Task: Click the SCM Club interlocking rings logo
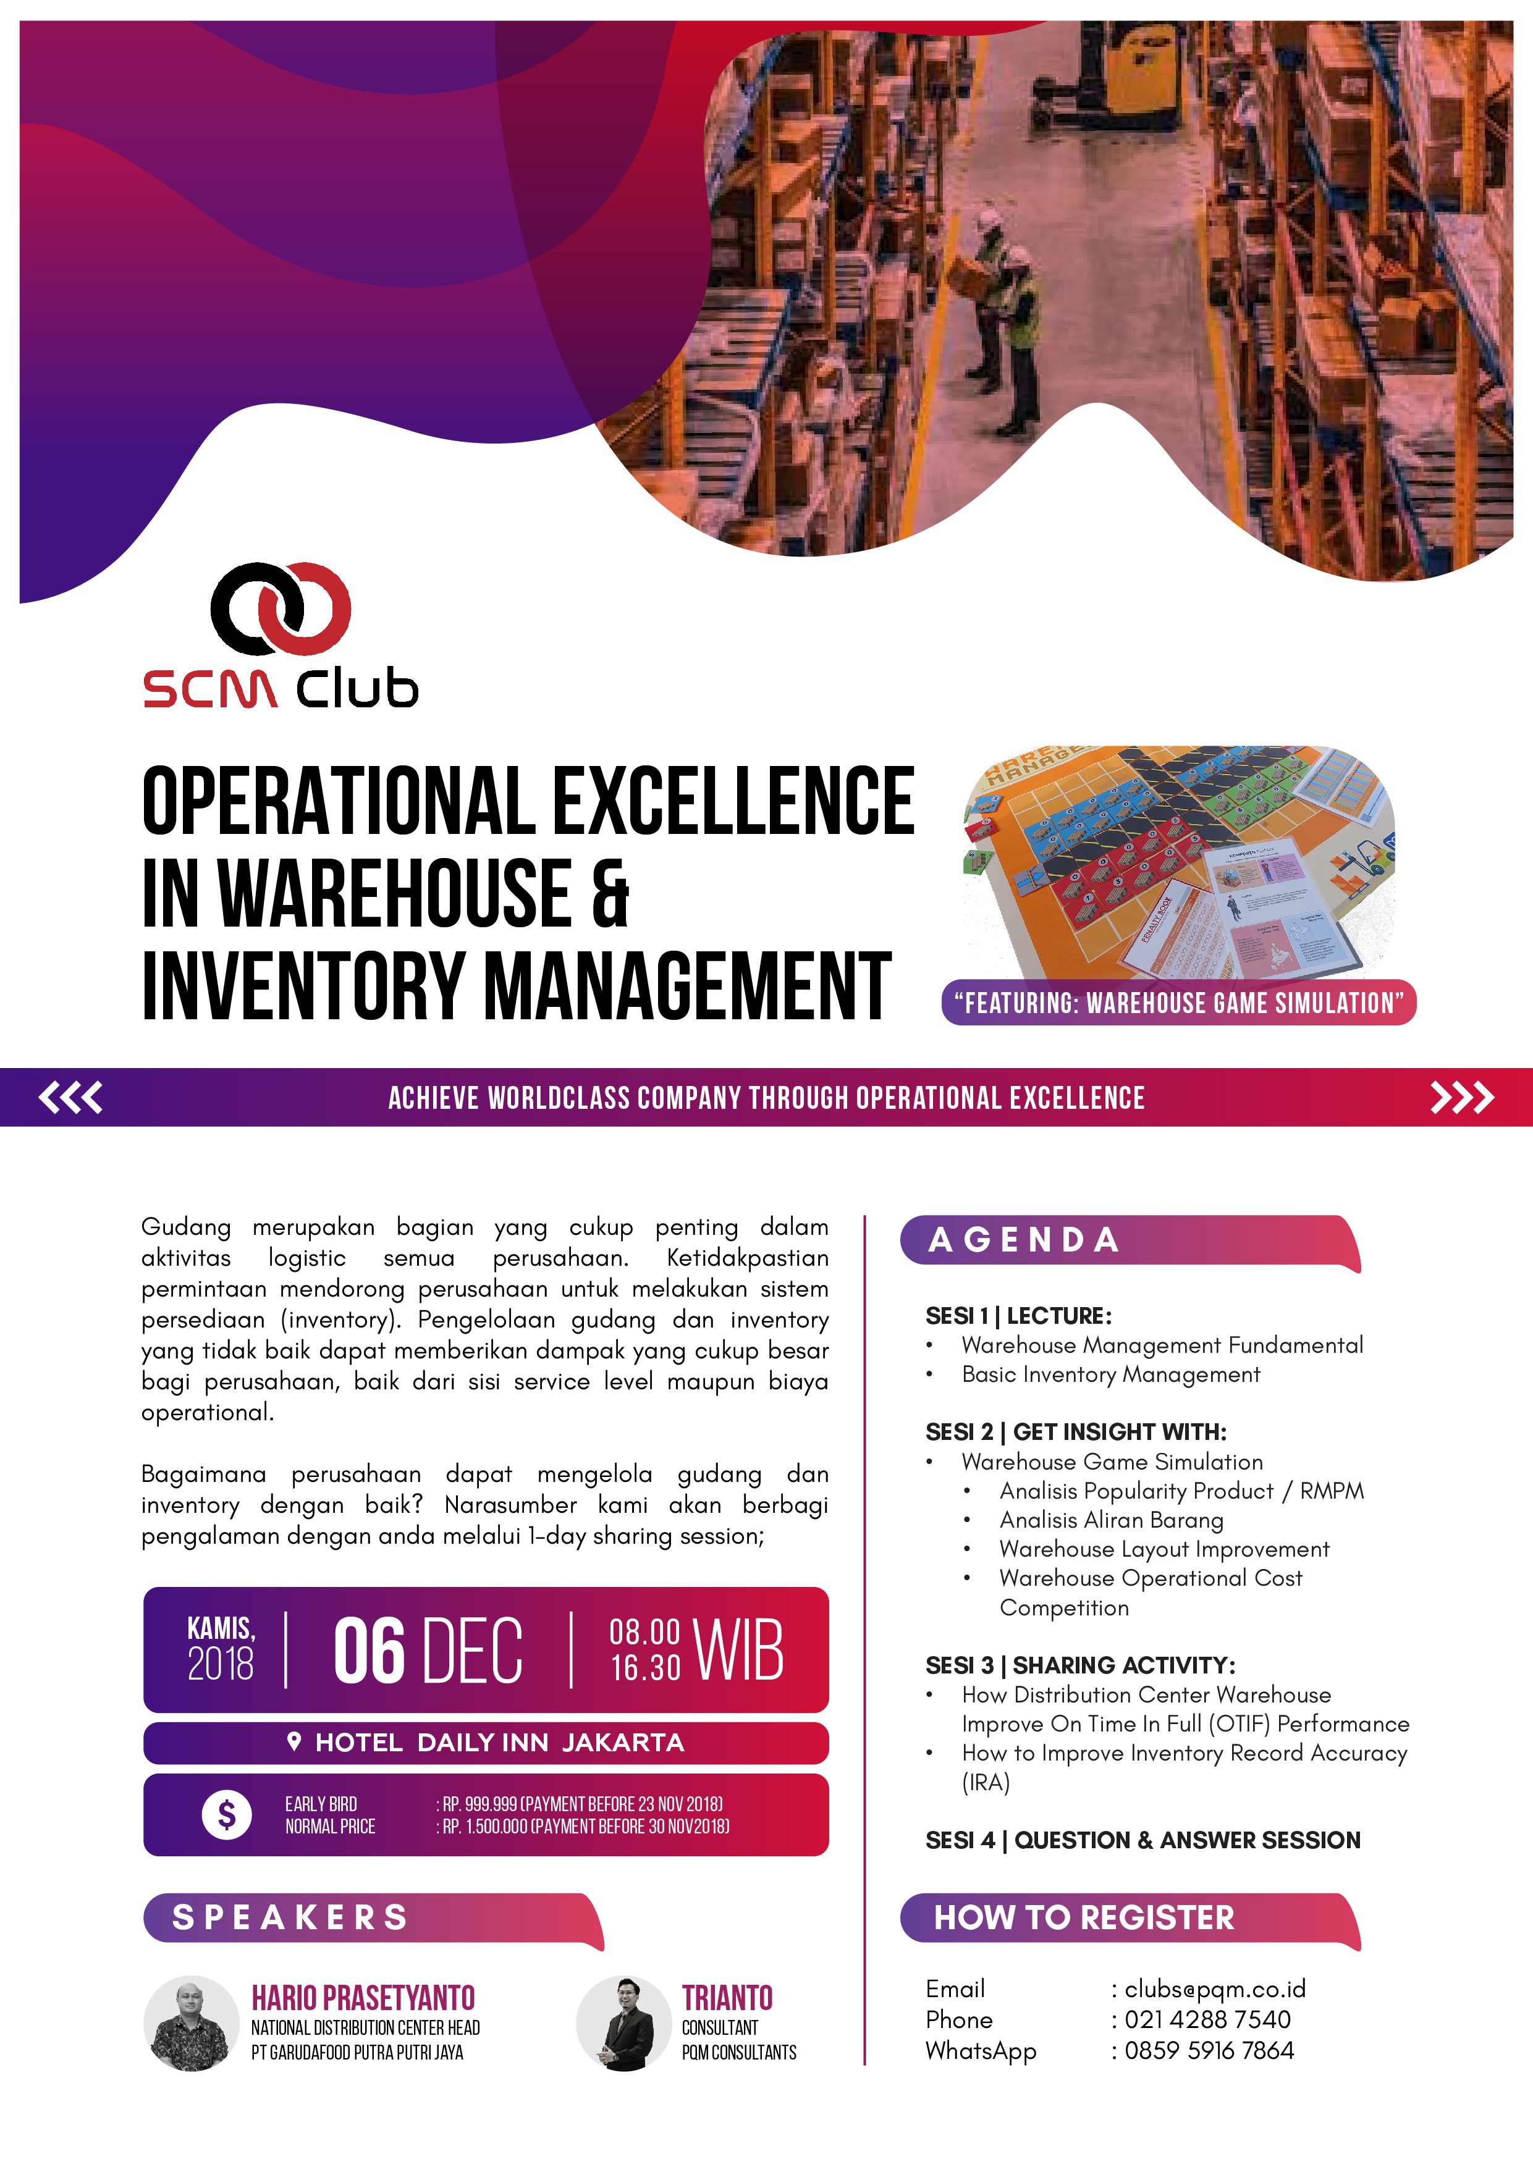coord(281,608)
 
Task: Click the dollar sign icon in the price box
coord(227,1814)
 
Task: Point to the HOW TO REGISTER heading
coord(1084,1917)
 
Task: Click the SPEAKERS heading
coord(290,1917)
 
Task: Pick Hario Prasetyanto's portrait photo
coord(192,2024)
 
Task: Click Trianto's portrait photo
coord(624,2024)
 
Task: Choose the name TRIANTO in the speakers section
coord(727,1998)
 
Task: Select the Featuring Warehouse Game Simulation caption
coord(1179,1003)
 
